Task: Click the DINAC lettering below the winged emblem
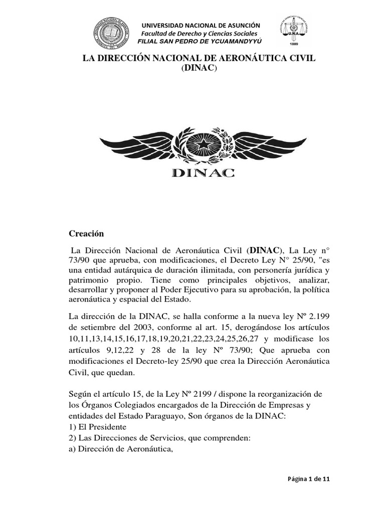click(x=203, y=173)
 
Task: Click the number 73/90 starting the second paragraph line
click(x=78, y=259)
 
